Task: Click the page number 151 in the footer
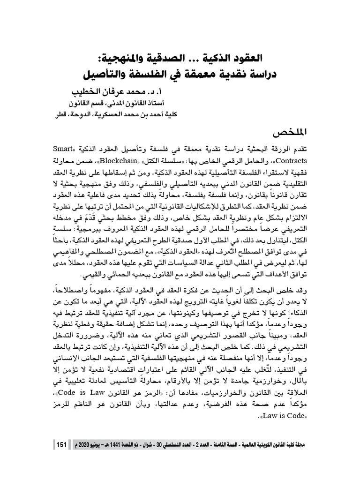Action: point(61,443)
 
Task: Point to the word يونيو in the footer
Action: point(111,443)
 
